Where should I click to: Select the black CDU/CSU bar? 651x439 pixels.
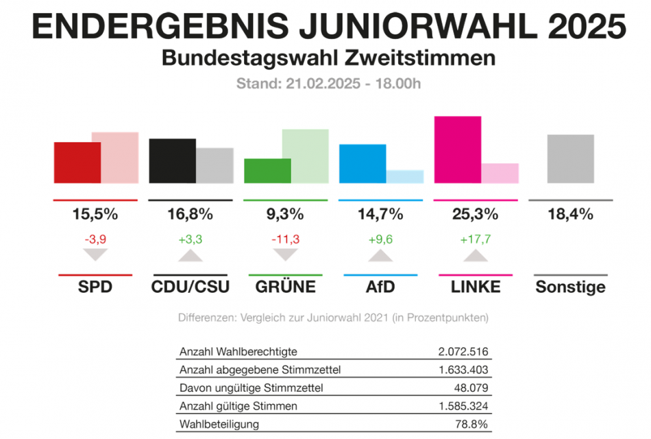[x=172, y=161]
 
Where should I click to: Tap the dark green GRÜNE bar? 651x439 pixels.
[x=268, y=171]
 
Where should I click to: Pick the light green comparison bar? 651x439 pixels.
[x=306, y=156]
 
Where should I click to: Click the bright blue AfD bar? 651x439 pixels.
[x=363, y=164]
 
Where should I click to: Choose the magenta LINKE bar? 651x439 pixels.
[x=458, y=150]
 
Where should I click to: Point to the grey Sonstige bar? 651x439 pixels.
[x=571, y=159]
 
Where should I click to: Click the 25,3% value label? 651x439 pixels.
[x=475, y=214]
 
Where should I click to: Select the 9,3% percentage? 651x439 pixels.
[x=285, y=214]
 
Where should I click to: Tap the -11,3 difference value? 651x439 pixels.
[x=285, y=239]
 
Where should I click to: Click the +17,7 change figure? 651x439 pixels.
[x=475, y=239]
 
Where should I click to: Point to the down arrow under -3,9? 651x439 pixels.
[x=95, y=255]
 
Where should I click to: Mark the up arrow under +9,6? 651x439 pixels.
[x=380, y=255]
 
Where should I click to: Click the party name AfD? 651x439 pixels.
[x=380, y=286]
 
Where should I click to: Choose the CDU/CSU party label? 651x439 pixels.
[x=190, y=286]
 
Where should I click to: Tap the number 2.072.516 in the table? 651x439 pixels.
[x=463, y=352]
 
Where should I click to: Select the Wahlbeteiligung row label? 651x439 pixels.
[x=219, y=424]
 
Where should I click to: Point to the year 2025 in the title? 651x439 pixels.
[x=587, y=27]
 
